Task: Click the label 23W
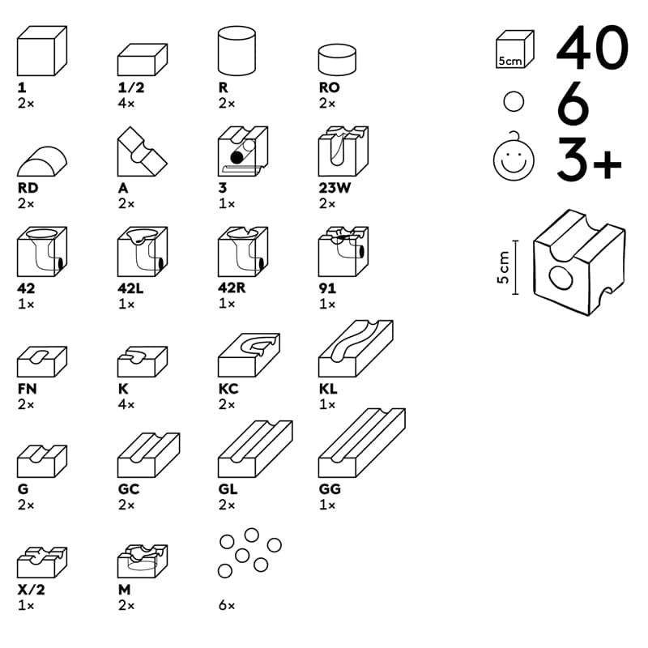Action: coord(334,188)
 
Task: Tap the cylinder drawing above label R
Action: coord(237,51)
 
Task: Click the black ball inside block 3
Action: coord(235,156)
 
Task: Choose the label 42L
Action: coord(133,288)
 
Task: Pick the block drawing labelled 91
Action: coord(343,252)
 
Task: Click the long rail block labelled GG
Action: coord(361,443)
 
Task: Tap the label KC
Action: coord(228,389)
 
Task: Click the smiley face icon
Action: coord(514,158)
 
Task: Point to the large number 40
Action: coord(591,49)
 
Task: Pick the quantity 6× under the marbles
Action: coord(226,605)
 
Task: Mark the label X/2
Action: coord(30,590)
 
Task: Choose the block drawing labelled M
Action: coord(143,560)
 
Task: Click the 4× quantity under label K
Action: coord(126,404)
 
